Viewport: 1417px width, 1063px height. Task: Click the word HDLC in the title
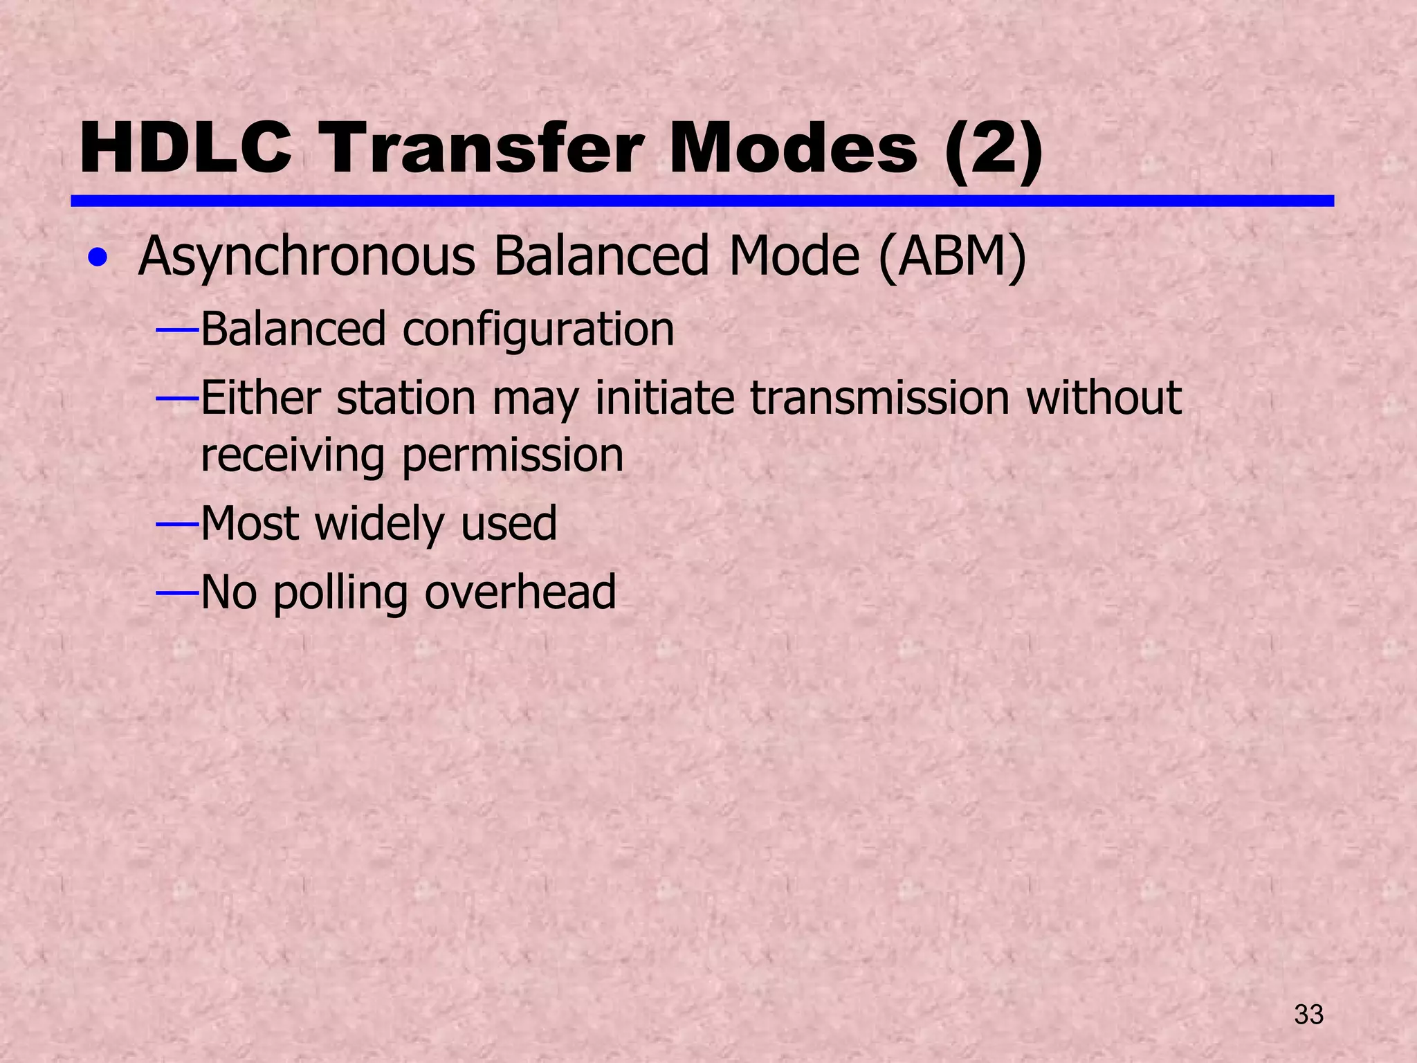(x=185, y=149)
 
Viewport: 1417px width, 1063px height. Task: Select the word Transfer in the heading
(x=483, y=149)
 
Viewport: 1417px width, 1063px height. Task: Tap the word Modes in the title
(x=793, y=149)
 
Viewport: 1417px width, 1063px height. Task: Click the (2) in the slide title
(x=994, y=149)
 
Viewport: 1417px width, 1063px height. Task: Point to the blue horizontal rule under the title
(x=702, y=201)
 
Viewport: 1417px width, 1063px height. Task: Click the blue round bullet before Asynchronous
(x=98, y=259)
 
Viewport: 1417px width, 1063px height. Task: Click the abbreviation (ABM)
(x=953, y=256)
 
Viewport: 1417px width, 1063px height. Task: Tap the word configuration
(x=538, y=330)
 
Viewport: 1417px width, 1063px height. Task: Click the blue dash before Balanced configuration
(x=178, y=331)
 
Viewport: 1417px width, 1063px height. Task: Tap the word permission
(x=513, y=457)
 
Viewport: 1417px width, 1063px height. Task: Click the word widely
(x=378, y=524)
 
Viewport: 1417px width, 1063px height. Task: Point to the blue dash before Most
(x=178, y=525)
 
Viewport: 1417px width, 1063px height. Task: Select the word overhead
(x=520, y=592)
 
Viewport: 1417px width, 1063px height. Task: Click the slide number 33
(x=1308, y=1015)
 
